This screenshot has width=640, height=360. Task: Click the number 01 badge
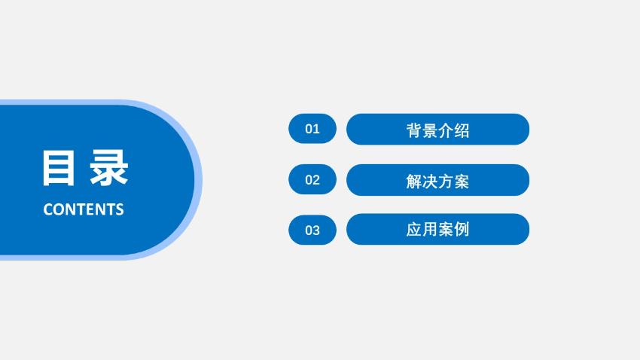tap(312, 129)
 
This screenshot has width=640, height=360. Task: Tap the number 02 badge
tap(312, 179)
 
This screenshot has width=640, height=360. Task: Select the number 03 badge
tap(312, 230)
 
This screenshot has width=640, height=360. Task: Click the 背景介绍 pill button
tap(437, 129)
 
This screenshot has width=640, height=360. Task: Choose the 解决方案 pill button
tap(437, 180)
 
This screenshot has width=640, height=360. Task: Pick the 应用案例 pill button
tap(437, 229)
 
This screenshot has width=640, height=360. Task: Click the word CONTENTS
tap(84, 209)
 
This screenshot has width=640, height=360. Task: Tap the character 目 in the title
tap(59, 168)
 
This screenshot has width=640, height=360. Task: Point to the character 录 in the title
tap(109, 168)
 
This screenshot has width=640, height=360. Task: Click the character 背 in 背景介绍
tap(413, 130)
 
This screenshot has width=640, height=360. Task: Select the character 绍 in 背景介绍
tap(462, 130)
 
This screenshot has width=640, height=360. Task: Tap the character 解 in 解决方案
tap(413, 182)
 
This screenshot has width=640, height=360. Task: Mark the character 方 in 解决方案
tap(446, 182)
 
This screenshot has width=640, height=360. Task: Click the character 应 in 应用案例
tap(413, 230)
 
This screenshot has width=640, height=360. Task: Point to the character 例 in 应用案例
tap(462, 230)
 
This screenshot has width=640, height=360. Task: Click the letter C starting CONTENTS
tap(48, 209)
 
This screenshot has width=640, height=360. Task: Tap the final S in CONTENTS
tap(119, 209)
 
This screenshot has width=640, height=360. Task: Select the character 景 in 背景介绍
tap(430, 130)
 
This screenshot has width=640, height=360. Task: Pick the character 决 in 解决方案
tap(430, 182)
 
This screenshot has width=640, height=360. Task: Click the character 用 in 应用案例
tap(430, 230)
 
